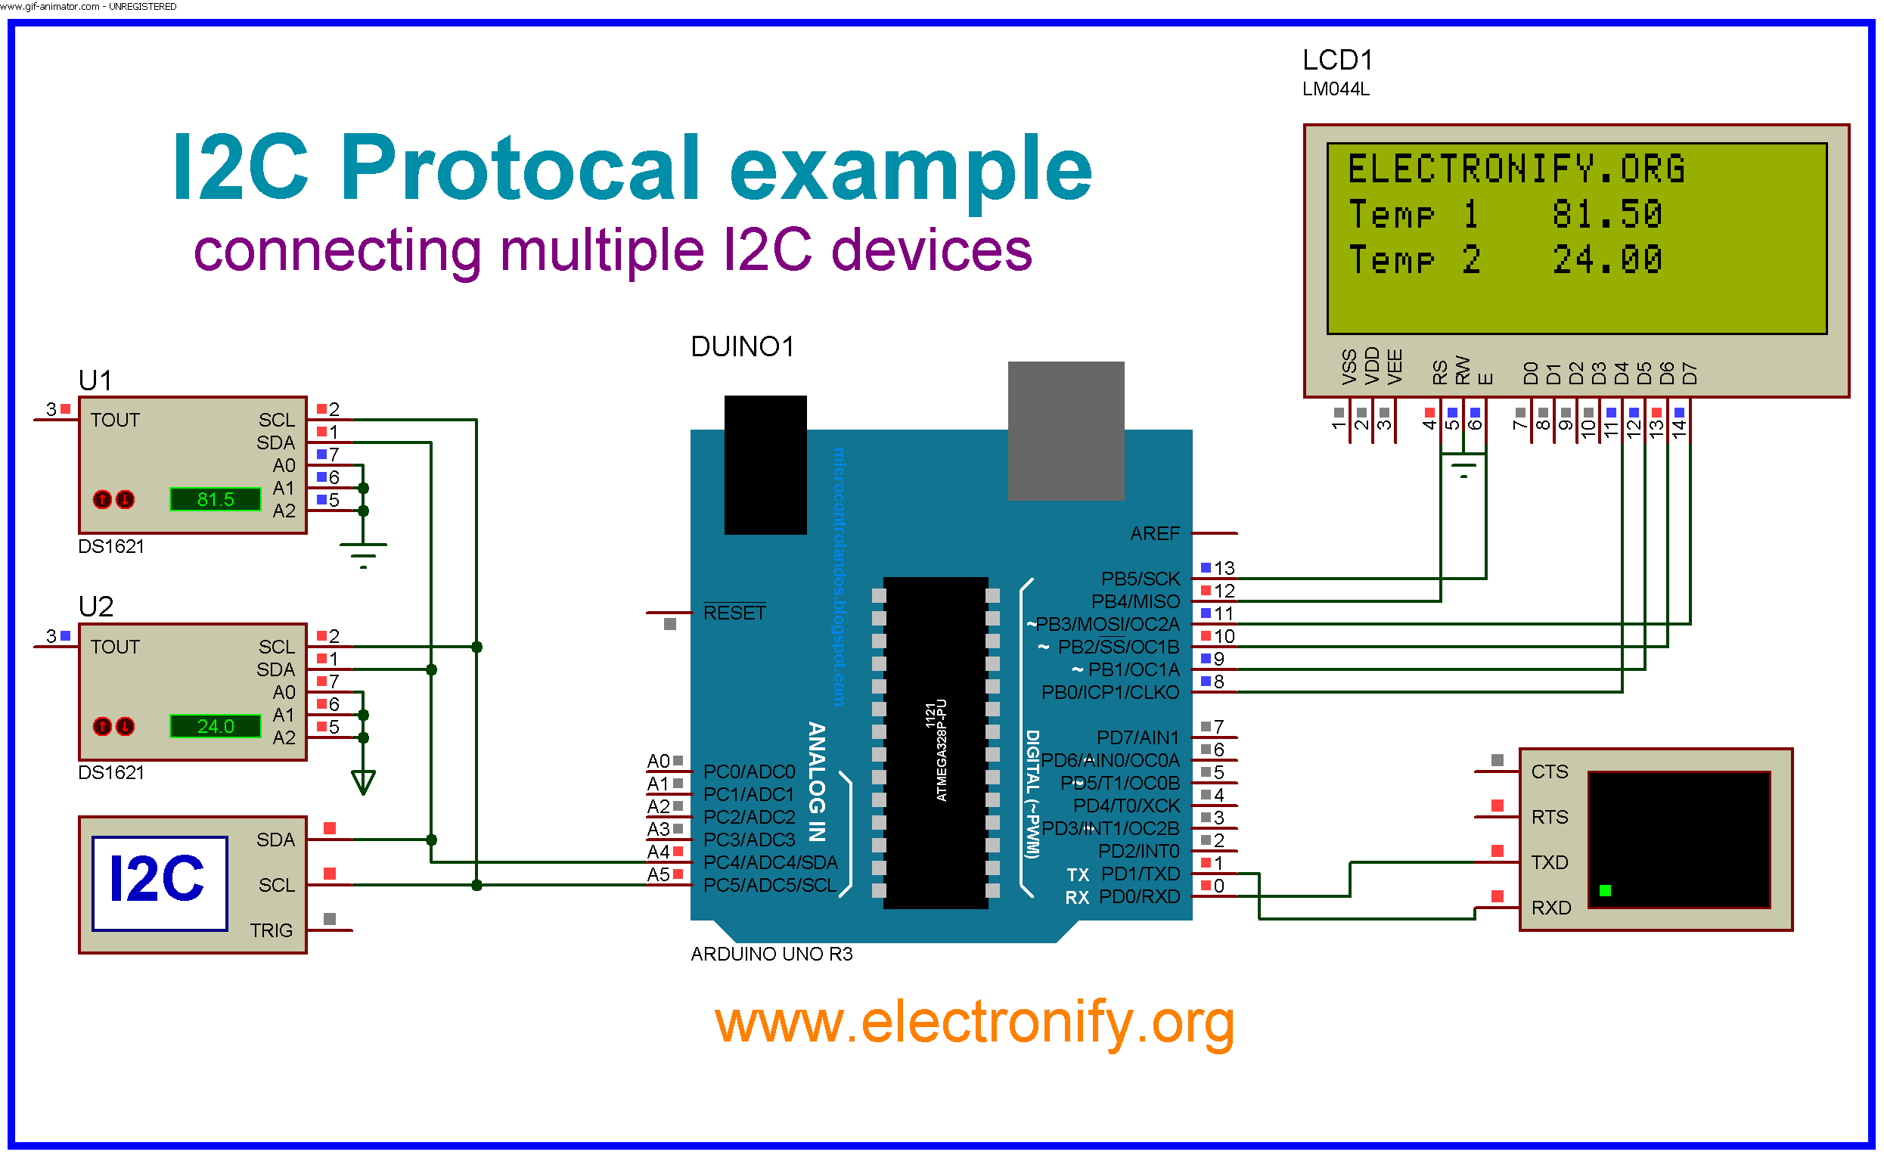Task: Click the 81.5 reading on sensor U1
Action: [x=216, y=500]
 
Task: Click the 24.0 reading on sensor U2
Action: [x=216, y=727]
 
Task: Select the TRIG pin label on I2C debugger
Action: [x=271, y=930]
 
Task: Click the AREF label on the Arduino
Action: [x=1155, y=534]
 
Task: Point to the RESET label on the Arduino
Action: [x=734, y=613]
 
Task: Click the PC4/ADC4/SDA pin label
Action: [x=770, y=863]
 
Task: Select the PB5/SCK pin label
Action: [x=1141, y=579]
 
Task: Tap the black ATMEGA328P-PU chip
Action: [x=935, y=743]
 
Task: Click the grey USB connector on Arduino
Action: [x=1066, y=431]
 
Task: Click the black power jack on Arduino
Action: [x=765, y=465]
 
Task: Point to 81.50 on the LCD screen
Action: [x=1606, y=215]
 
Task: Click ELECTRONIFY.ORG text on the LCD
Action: [x=1516, y=169]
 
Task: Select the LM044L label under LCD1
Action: [x=1336, y=89]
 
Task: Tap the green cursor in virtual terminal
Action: [x=1605, y=891]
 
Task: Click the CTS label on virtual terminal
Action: [x=1549, y=772]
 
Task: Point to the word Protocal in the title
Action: [x=520, y=166]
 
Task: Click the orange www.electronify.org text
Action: [x=974, y=1023]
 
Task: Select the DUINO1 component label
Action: [x=741, y=347]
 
